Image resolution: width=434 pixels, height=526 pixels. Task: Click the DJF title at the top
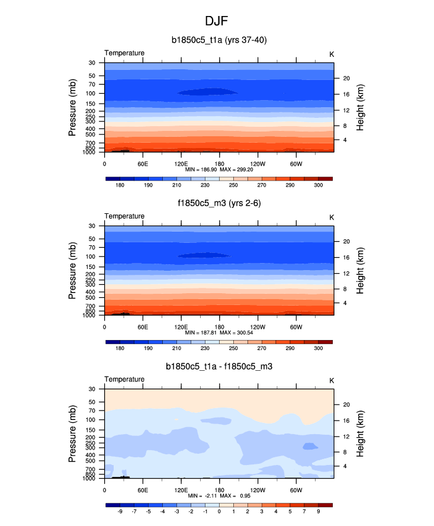[217, 21]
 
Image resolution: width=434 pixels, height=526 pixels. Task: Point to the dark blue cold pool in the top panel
[206, 92]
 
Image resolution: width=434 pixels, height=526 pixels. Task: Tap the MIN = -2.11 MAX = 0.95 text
[218, 496]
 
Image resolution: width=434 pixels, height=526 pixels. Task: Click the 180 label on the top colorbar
[120, 185]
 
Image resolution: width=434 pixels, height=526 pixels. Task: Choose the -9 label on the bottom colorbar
[120, 512]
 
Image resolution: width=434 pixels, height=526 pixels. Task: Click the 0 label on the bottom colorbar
[219, 512]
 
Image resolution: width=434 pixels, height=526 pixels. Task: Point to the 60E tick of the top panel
[142, 163]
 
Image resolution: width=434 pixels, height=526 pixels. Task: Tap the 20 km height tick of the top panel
[346, 78]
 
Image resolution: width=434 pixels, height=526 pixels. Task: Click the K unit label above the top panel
[332, 53]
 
